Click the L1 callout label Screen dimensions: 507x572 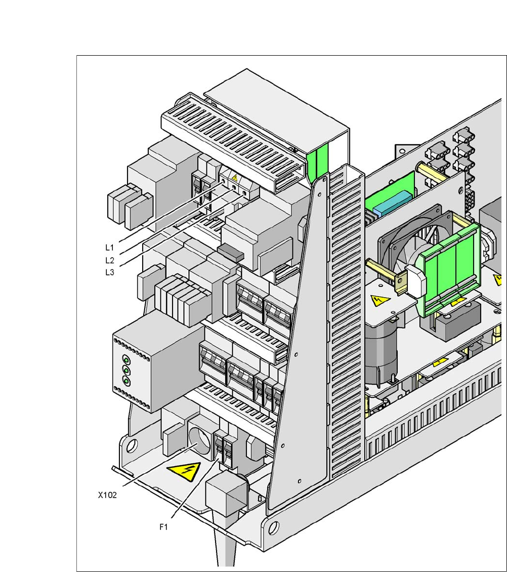tap(109, 248)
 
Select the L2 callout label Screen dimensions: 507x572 tap(109, 260)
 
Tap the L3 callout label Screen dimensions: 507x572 tap(109, 272)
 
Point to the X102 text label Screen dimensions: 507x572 tap(107, 495)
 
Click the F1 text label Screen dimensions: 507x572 tap(163, 527)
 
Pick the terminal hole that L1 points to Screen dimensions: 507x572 tap(223, 180)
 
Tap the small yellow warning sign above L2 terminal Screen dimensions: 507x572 tap(235, 178)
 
